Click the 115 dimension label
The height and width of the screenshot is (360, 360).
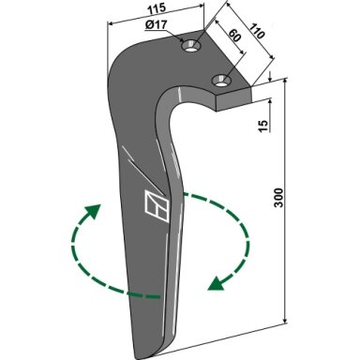157,8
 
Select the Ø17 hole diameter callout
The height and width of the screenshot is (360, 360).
157,24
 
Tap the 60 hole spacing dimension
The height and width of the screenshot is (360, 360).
234,36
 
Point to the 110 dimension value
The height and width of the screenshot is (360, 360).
256,30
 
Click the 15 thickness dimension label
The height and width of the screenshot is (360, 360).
263,126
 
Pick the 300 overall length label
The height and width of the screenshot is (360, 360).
278,198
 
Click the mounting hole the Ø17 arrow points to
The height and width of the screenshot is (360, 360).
190,46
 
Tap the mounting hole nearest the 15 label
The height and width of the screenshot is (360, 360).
221,81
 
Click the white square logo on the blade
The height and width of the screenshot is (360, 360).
157,206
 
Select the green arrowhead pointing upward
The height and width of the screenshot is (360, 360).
93,212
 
